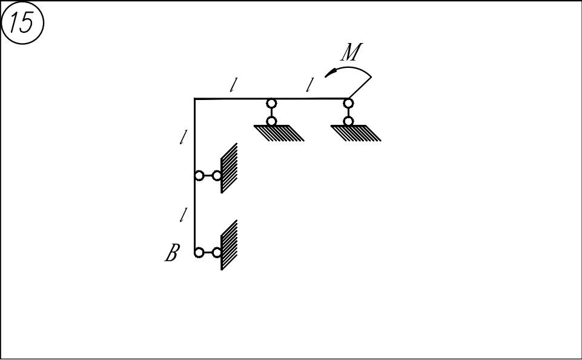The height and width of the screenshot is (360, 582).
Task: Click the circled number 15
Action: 22,23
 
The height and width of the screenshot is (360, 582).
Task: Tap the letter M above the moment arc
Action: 351,52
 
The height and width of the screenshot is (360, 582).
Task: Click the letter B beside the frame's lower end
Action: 172,253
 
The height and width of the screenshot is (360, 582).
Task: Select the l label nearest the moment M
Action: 309,85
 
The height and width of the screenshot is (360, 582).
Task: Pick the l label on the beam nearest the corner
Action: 233,85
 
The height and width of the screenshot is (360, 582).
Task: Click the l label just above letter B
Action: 183,215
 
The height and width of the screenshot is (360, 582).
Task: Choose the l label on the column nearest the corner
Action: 183,137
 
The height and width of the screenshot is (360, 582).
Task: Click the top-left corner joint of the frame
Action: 195,99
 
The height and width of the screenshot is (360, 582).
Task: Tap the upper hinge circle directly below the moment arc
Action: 348,103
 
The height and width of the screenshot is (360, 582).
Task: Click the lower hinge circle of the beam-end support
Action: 348,121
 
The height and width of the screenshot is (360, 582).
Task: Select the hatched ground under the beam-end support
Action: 355,133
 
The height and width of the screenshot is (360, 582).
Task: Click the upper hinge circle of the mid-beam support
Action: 271,103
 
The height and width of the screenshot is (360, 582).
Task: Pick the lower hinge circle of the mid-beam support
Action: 271,121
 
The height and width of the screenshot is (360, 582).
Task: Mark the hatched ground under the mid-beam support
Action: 279,133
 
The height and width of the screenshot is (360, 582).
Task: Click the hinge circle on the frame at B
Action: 199,253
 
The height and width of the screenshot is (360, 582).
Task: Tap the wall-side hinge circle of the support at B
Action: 217,253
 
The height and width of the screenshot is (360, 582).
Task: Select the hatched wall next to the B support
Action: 229,245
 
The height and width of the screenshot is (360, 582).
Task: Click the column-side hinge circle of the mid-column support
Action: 199,176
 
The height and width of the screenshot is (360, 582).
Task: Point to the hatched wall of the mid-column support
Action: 229,168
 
